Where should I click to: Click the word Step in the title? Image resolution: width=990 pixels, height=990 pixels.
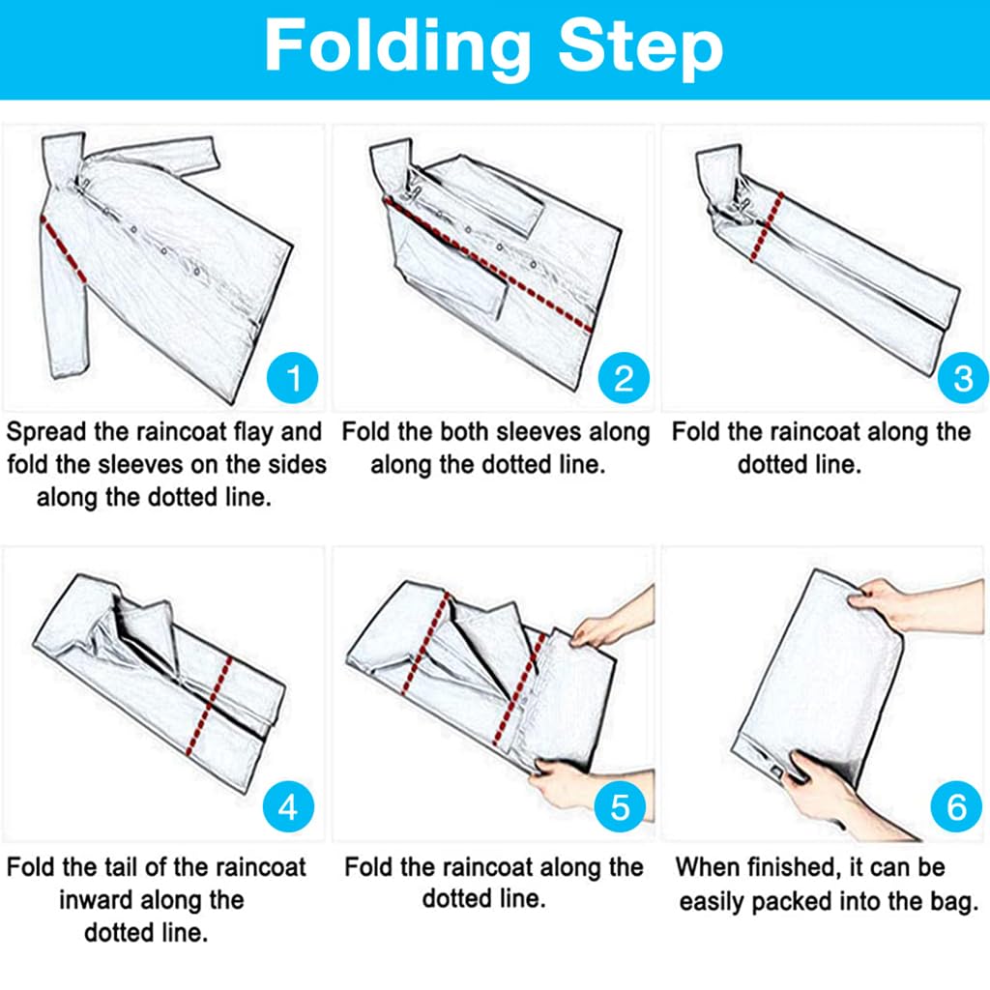(641, 48)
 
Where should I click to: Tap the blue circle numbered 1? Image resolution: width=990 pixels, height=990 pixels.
(292, 378)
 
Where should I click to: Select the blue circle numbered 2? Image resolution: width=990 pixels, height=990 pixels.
(624, 378)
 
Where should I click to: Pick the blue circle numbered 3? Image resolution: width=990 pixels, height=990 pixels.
(963, 378)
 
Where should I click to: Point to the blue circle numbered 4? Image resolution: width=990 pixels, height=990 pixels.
(288, 807)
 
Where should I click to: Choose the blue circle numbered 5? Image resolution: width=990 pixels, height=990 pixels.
(620, 806)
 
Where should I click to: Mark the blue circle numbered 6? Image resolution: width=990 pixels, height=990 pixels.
(956, 806)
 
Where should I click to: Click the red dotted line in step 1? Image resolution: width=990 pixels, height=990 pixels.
(63, 248)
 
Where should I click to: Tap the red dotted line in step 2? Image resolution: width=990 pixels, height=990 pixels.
(487, 264)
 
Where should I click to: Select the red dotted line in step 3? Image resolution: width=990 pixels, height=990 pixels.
(767, 226)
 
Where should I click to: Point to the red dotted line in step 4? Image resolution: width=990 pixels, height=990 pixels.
(210, 706)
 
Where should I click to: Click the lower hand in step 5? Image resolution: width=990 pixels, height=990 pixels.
(568, 786)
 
